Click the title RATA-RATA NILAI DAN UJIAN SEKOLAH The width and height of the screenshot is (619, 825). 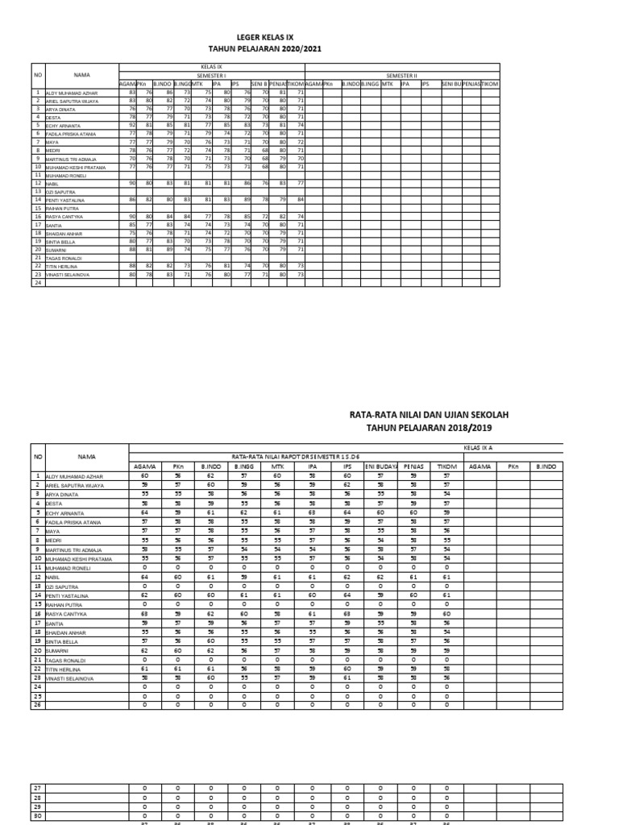pos(429,415)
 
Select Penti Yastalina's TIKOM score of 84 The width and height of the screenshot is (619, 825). pos(300,199)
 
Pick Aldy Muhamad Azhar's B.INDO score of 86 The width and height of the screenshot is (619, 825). pos(169,93)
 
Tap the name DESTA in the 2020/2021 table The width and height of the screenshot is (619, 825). pos(54,118)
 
